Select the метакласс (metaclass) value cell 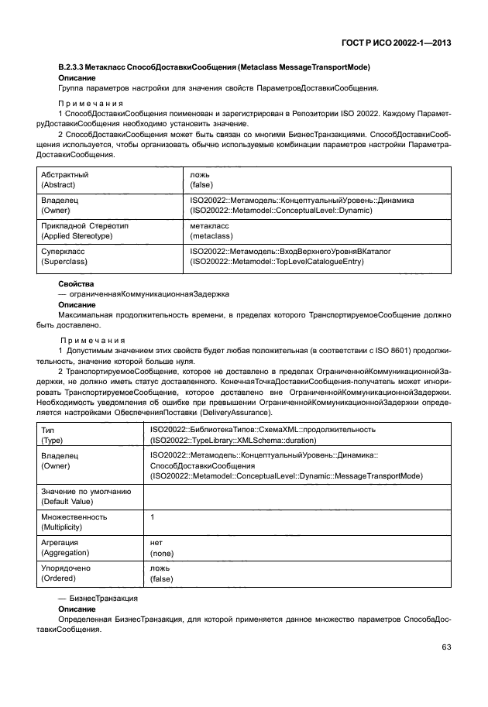click(211, 230)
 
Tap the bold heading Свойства click(75, 284)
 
